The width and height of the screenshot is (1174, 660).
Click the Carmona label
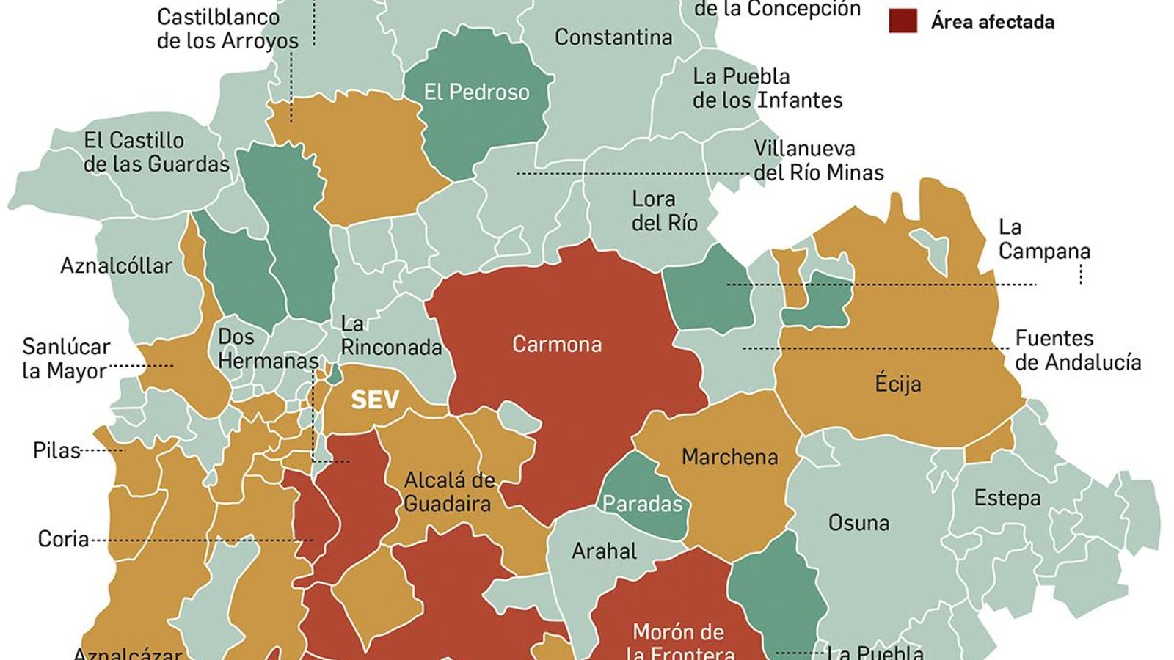click(557, 344)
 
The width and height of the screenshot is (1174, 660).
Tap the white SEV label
click(375, 400)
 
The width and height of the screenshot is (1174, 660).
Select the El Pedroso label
click(476, 92)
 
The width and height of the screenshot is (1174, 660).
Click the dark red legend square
click(903, 21)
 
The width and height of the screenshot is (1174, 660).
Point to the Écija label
click(898, 384)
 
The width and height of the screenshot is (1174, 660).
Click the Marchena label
click(729, 457)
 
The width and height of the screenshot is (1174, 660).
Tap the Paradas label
click(642, 504)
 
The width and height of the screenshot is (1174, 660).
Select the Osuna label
click(858, 523)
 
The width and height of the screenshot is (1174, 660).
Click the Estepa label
click(1007, 498)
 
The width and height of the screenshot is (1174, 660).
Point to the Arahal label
click(604, 551)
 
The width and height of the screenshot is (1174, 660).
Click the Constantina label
click(613, 37)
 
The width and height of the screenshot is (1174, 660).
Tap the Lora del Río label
click(664, 210)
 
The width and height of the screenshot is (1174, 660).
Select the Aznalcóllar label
click(116, 265)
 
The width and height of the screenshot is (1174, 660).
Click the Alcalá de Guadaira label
click(448, 492)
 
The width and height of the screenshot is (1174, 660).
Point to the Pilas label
click(56, 450)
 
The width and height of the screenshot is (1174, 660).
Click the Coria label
click(63, 539)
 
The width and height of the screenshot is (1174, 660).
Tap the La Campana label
click(1043, 239)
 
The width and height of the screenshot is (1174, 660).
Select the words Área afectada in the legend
click(993, 22)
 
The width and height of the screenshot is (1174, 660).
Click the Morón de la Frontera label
click(679, 642)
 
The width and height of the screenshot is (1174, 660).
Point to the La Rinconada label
click(391, 335)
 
